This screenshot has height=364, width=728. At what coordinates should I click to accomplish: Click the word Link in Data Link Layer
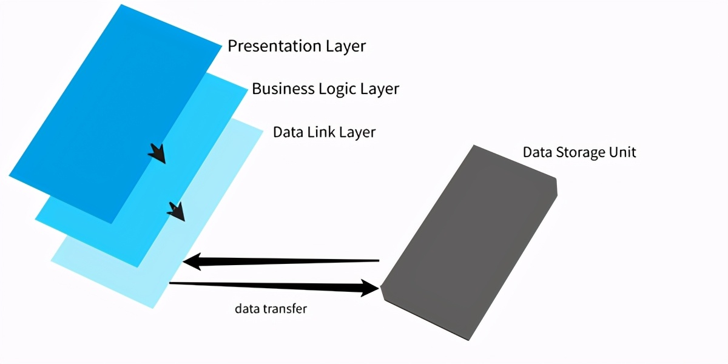317,132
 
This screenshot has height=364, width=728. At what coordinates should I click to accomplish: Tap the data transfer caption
271,309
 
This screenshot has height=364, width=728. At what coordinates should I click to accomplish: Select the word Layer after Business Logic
380,89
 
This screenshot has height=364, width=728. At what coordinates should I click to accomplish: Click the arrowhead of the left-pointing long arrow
193,262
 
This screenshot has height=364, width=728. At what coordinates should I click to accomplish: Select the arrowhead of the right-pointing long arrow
369,287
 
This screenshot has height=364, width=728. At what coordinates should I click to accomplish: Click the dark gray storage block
470,243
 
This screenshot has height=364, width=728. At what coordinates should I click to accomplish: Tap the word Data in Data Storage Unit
538,152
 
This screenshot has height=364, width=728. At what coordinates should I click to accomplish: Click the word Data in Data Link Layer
286,132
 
